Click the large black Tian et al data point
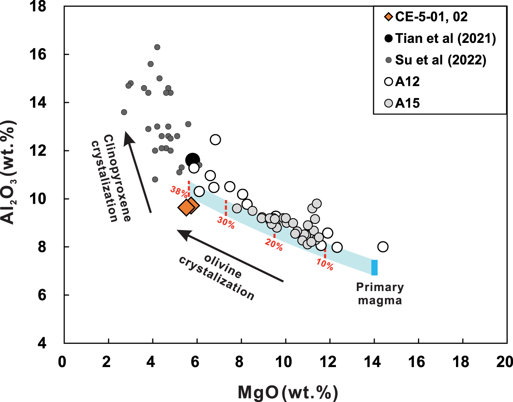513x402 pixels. pyautogui.click(x=193, y=160)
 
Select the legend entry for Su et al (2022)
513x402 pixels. pyautogui.click(x=440, y=60)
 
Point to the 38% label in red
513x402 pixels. pyautogui.click(x=179, y=191)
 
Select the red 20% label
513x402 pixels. pyautogui.click(x=274, y=245)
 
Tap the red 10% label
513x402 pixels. pyautogui.click(x=325, y=264)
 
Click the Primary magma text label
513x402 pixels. pyautogui.click(x=380, y=294)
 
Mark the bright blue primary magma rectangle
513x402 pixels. pyautogui.click(x=374, y=268)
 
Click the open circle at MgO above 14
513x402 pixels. pyautogui.click(x=383, y=247)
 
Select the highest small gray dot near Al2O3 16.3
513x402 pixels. pyautogui.click(x=157, y=47)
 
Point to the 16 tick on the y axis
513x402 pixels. pyautogui.click(x=38, y=55)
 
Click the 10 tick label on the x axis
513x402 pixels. pyautogui.click(x=283, y=362)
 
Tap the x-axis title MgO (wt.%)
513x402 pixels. pyautogui.click(x=288, y=393)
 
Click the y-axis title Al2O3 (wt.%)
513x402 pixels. pyautogui.click(x=9, y=173)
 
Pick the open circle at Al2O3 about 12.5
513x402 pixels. pyautogui.click(x=215, y=140)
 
